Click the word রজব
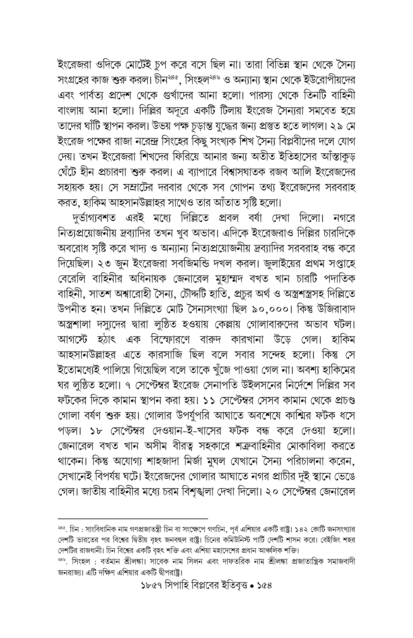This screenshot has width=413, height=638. (x=277, y=172)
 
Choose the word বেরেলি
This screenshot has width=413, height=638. (x=72, y=279)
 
